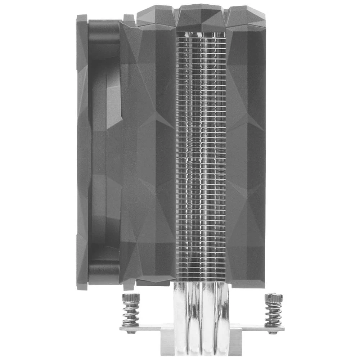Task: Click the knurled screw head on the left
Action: (x=131, y=298)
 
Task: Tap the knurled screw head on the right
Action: (x=273, y=298)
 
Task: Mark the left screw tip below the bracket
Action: (x=130, y=332)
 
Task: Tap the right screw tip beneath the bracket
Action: (x=273, y=332)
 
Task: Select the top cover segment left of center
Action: (x=157, y=18)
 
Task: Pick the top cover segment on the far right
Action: (x=247, y=18)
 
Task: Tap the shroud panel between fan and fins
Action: (x=148, y=155)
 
